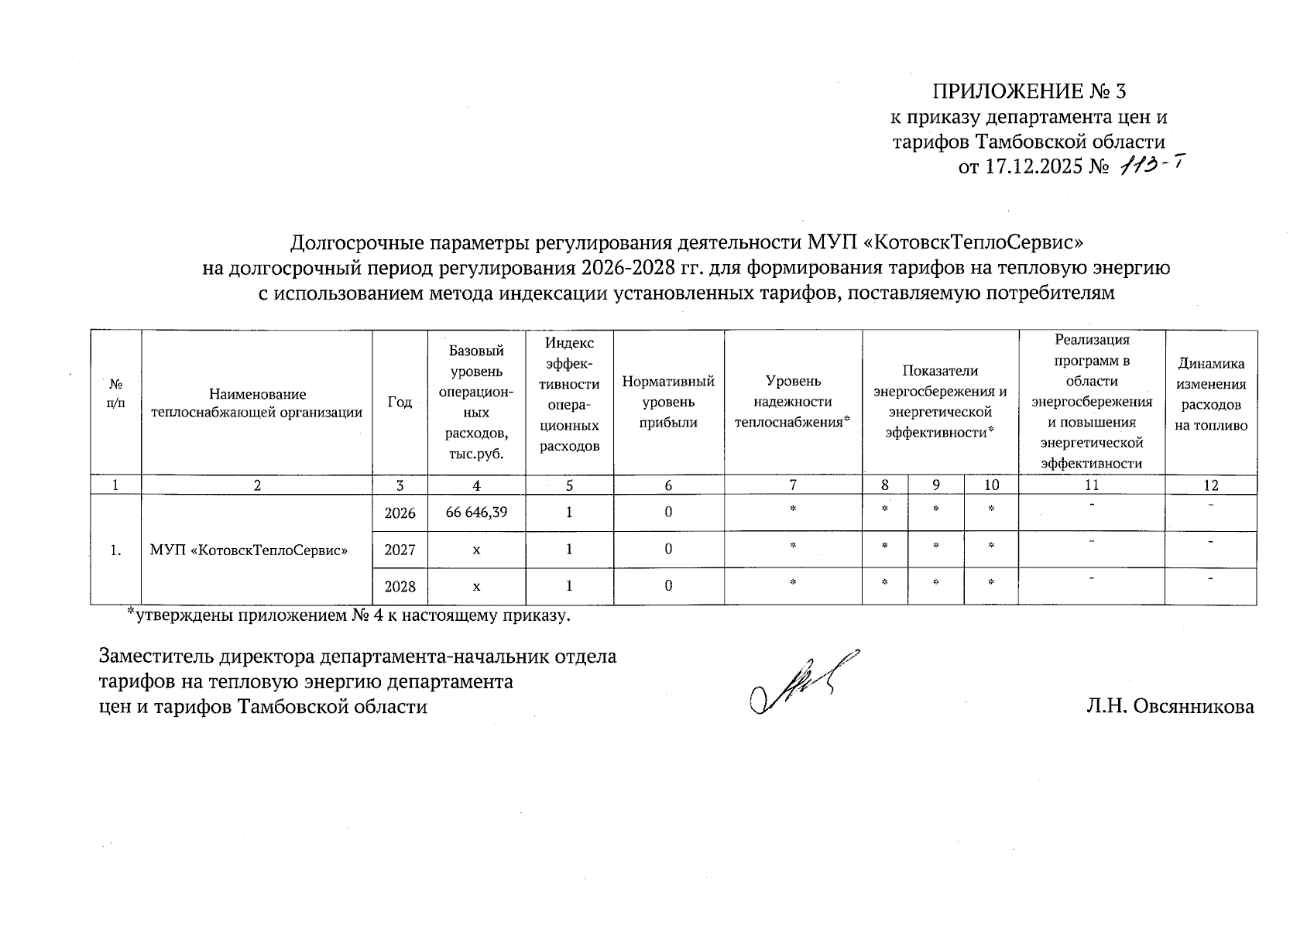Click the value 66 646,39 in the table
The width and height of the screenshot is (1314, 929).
pyautogui.click(x=476, y=512)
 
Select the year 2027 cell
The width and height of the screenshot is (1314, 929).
pyautogui.click(x=400, y=550)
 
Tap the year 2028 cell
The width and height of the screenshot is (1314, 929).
pyautogui.click(x=400, y=587)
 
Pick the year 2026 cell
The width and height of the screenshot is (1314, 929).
pyautogui.click(x=400, y=512)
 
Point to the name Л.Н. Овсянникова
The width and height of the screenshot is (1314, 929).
pyautogui.click(x=1170, y=706)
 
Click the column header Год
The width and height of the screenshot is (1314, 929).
pyautogui.click(x=400, y=402)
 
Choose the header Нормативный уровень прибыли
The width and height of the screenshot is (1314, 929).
pyautogui.click(x=669, y=402)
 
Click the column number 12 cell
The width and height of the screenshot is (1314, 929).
pyautogui.click(x=1211, y=485)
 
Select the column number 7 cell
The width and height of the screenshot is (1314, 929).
pyautogui.click(x=793, y=485)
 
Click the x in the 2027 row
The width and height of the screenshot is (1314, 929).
pyautogui.click(x=476, y=550)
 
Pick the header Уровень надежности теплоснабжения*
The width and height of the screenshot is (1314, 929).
pyautogui.click(x=793, y=402)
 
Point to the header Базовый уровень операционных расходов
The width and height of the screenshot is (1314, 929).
pyautogui.click(x=476, y=402)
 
